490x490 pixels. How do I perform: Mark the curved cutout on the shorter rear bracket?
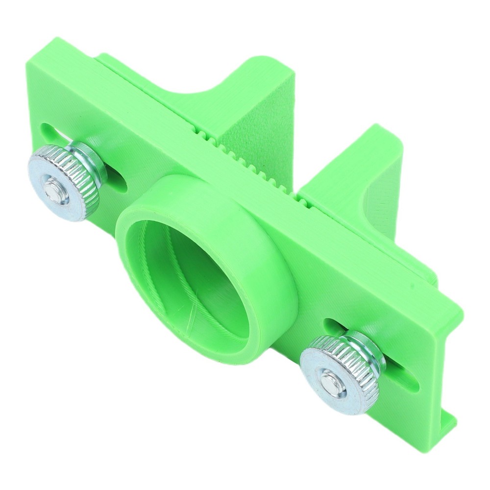click(370, 196)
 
